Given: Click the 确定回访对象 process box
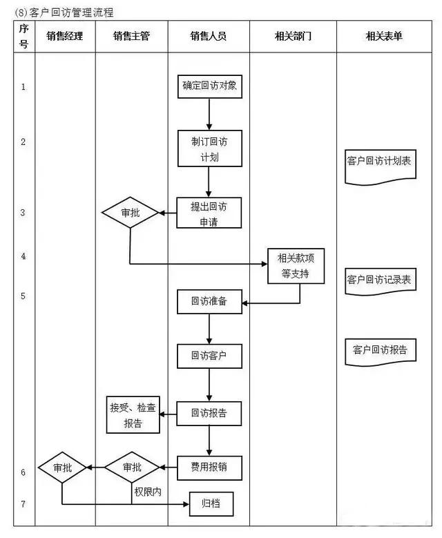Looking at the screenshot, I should pyautogui.click(x=209, y=86).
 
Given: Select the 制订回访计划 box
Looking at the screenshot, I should pyautogui.click(x=209, y=148).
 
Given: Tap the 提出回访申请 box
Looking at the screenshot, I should pyautogui.click(x=209, y=213).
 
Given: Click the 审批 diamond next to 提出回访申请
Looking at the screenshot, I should pyautogui.click(x=131, y=213).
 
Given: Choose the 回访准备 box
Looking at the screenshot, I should pyautogui.click(x=209, y=302).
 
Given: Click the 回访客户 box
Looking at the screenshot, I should pyautogui.click(x=209, y=356).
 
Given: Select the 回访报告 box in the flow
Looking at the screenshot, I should pyautogui.click(x=209, y=414).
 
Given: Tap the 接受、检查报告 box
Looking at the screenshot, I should pyautogui.click(x=133, y=415).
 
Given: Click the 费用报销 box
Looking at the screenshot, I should pyautogui.click(x=209, y=468).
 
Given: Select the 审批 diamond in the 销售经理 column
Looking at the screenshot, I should pyautogui.click(x=62, y=468).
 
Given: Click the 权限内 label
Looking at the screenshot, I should pyautogui.click(x=147, y=491).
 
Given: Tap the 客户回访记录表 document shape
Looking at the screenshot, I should pyautogui.click(x=379, y=281).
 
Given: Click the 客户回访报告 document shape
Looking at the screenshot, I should pyautogui.click(x=379, y=351).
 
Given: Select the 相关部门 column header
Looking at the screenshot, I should pyautogui.click(x=293, y=36).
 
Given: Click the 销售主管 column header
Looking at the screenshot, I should pyautogui.click(x=131, y=36).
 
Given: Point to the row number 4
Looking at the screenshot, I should pyautogui.click(x=23, y=256).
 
